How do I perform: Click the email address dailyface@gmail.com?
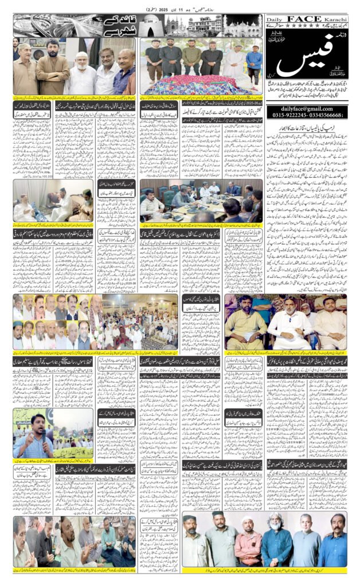click(306, 107)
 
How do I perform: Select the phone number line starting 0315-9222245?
click(306, 115)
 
